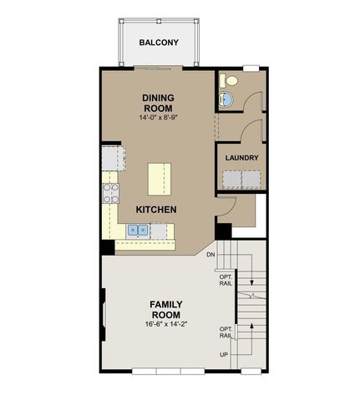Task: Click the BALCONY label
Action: [159, 43]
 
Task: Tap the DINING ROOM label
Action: [158, 103]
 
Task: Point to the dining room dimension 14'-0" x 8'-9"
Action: [158, 118]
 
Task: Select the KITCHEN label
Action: [156, 210]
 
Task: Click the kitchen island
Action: [160, 179]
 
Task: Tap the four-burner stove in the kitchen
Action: [111, 193]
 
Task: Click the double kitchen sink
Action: [138, 230]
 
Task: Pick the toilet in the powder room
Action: [229, 81]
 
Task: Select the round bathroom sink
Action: [226, 99]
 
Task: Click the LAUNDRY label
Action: [241, 158]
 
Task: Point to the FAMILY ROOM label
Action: [166, 309]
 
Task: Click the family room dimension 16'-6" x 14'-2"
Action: [166, 324]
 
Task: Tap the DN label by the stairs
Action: [210, 254]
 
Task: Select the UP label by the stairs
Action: [224, 355]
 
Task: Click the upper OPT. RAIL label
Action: [226, 280]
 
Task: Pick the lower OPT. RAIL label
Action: [226, 332]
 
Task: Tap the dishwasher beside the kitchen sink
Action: [159, 231]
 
